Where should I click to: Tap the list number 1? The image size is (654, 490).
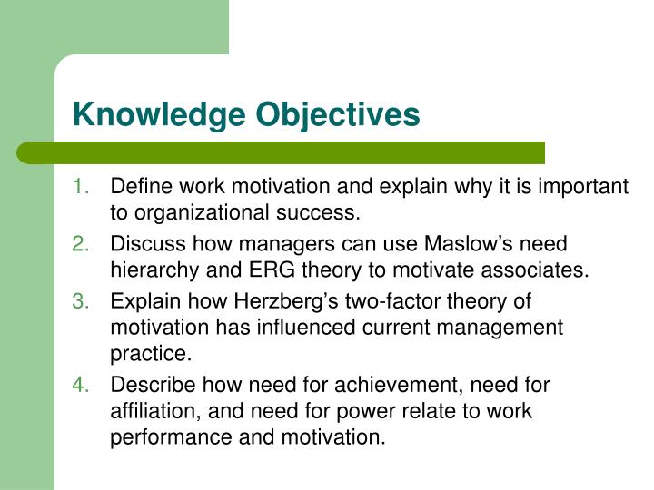coord(80,188)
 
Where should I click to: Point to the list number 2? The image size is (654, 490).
coord(80,244)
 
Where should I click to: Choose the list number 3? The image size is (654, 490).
coord(80,301)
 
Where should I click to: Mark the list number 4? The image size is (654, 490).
coord(80,385)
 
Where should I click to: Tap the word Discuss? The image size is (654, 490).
coord(143,244)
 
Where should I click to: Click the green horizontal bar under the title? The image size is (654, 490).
coord(282,152)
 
